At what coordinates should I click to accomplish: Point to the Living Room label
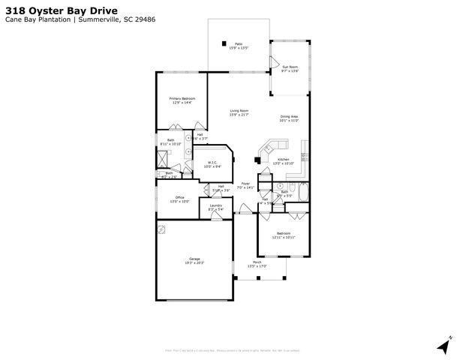point(239,111)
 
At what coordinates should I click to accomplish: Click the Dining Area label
point(290,117)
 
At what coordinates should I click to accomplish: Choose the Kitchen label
point(283,160)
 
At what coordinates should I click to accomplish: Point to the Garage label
point(194,259)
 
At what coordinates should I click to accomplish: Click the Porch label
point(257,263)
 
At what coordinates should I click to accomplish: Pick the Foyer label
point(245,184)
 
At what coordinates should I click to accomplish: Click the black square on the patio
point(224,43)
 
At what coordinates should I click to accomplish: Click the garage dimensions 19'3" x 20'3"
point(194,264)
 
